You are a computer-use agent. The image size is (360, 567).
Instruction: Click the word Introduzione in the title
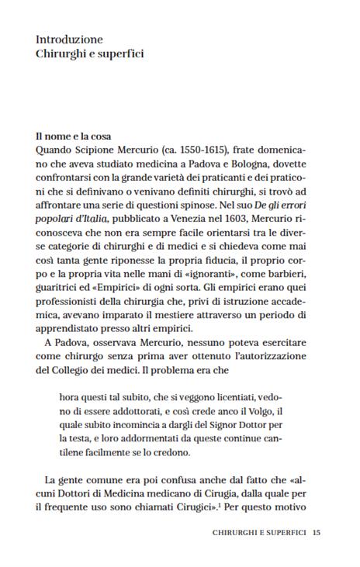click(x=69, y=39)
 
